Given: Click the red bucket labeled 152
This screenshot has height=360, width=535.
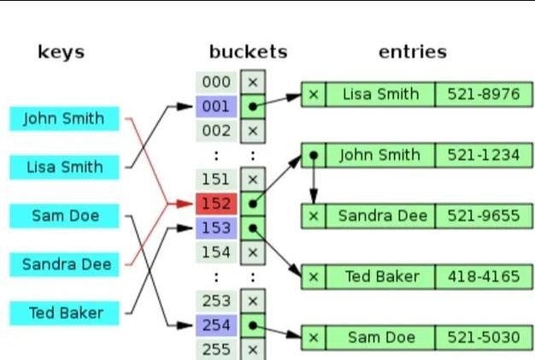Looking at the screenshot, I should pyautogui.click(x=216, y=204).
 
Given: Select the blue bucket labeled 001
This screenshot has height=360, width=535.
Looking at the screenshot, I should pyautogui.click(x=216, y=107).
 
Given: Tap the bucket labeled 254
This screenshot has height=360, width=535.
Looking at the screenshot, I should pyautogui.click(x=216, y=325).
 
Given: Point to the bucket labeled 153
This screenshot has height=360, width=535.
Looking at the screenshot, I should pyautogui.click(x=216, y=228).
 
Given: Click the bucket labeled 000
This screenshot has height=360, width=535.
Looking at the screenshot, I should pyautogui.click(x=216, y=82).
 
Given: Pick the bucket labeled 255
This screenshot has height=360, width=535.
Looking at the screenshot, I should pyautogui.click(x=216, y=349).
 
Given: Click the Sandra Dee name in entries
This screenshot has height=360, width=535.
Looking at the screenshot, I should pyautogui.click(x=380, y=215).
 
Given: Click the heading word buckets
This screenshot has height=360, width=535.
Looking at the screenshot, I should pyautogui.click(x=248, y=52).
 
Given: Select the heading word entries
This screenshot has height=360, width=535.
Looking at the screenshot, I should pyautogui.click(x=413, y=52).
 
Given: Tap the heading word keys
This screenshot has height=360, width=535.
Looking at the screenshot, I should pyautogui.click(x=62, y=52).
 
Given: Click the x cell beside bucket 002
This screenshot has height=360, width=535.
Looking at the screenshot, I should pyautogui.click(x=252, y=131).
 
